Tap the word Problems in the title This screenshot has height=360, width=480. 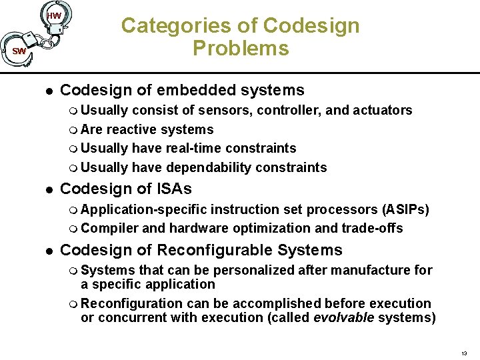[x=241, y=49]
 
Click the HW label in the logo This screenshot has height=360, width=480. [x=55, y=15]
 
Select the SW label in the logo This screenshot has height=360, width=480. [x=19, y=51]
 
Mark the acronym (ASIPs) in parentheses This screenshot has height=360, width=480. [x=405, y=210]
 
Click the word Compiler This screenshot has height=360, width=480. [x=110, y=229]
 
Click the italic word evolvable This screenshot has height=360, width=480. [x=343, y=317]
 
